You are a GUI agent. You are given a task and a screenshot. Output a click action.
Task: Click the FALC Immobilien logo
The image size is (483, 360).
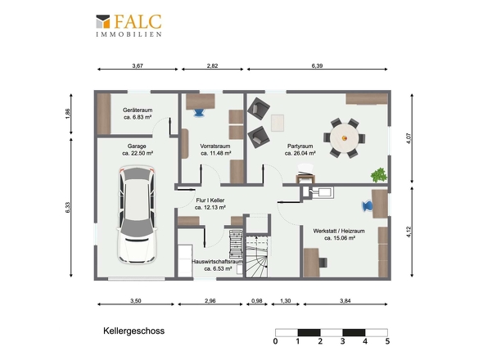click(x=129, y=25)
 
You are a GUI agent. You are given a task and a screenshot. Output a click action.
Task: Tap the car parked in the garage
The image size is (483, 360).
click(x=137, y=215)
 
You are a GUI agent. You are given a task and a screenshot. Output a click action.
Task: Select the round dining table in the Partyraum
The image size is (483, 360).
click(x=345, y=138)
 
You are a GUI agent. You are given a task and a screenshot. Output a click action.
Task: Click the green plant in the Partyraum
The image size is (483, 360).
click(x=379, y=175)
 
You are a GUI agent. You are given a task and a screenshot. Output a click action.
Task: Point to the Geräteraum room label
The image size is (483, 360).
click(x=138, y=110)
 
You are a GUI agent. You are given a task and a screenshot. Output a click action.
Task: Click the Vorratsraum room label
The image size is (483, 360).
click(x=215, y=146)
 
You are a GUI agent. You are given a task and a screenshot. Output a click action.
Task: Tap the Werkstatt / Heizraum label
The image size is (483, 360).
click(x=339, y=231)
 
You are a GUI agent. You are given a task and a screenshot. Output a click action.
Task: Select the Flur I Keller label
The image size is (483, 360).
click(x=210, y=200)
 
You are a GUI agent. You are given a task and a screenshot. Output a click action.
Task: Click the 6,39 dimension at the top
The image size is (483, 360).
click(x=317, y=65)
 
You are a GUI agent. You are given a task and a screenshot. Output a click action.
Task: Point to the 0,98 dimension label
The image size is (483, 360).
click(x=256, y=300)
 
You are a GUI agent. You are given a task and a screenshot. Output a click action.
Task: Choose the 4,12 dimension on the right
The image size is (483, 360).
click(x=409, y=232)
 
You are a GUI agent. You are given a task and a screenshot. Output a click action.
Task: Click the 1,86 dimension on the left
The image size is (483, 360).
click(x=68, y=114)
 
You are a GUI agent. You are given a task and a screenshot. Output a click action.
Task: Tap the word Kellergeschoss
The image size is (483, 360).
click(x=133, y=331)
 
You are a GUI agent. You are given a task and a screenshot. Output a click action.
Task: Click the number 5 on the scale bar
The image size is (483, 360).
click(x=387, y=341)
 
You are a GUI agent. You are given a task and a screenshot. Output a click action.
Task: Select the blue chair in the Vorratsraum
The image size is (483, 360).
click(x=199, y=112)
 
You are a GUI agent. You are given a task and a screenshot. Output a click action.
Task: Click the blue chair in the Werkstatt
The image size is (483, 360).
click(x=367, y=206)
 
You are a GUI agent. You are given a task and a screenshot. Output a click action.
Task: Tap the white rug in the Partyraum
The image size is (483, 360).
click(x=278, y=123)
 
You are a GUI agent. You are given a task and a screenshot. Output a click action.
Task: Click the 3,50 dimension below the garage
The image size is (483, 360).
click(x=136, y=300)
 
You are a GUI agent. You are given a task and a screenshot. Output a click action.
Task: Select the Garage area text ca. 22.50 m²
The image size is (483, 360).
click(x=138, y=153)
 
